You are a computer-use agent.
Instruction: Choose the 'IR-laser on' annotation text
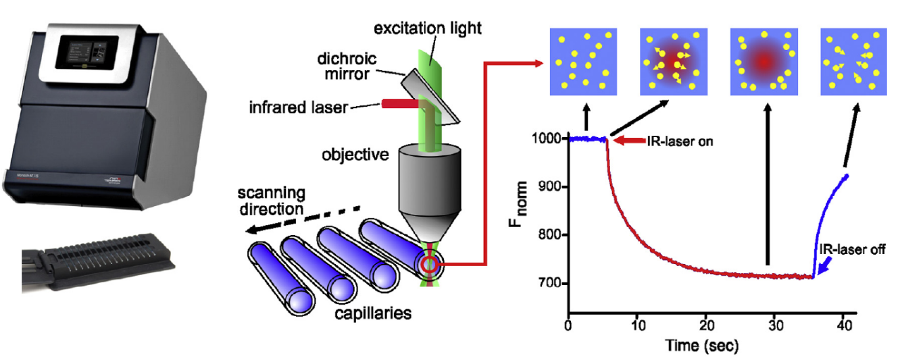(672, 142)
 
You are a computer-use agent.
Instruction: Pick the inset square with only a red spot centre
(764, 61)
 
